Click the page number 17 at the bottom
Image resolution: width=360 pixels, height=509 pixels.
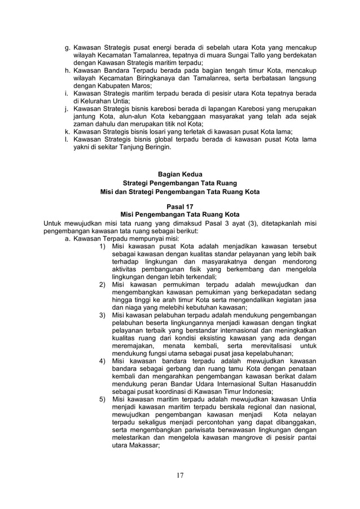pos(180,475)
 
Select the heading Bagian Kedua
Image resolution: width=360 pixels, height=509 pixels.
pos(179,174)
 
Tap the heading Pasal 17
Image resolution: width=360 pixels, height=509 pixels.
pos(179,207)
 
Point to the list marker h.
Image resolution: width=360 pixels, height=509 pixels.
pos(67,71)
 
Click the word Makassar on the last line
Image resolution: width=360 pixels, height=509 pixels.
pos(143,445)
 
